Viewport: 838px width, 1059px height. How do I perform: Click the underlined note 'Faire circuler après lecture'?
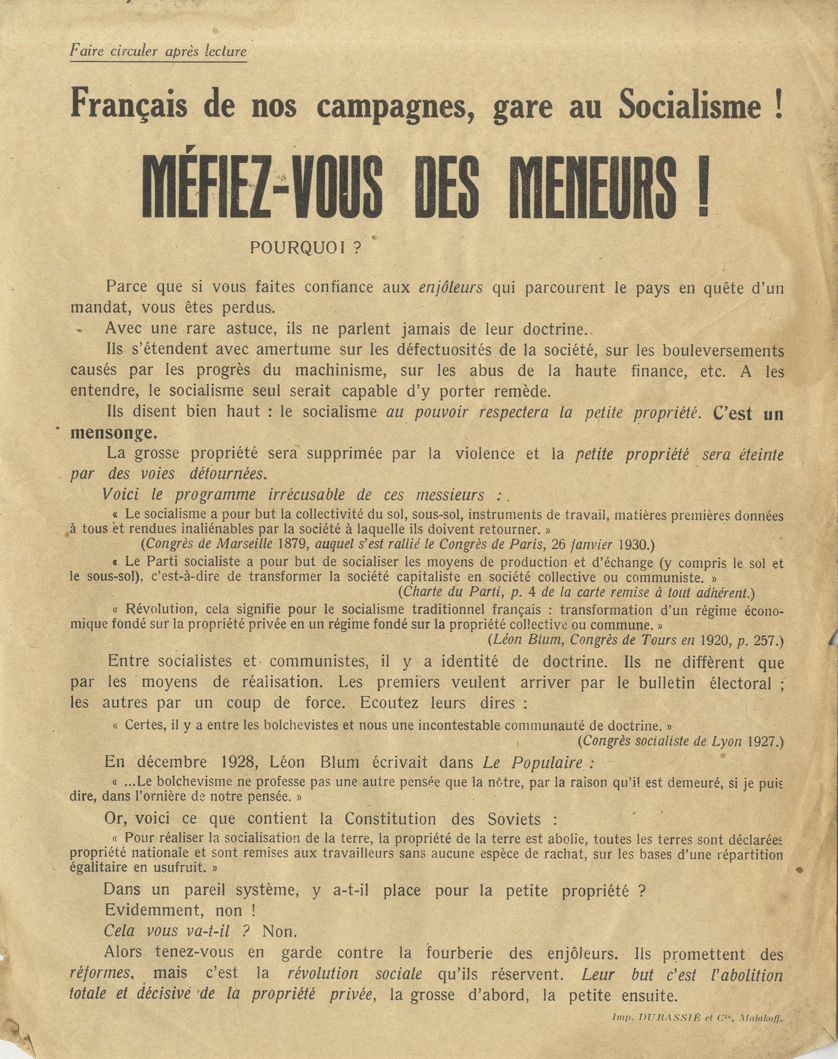coord(158,51)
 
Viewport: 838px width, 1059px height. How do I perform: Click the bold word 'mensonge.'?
coord(114,433)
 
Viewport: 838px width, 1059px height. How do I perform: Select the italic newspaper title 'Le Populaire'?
coord(532,762)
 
